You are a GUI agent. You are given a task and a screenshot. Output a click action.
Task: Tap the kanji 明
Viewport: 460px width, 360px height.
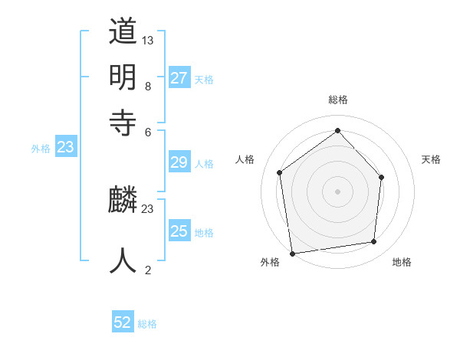[123, 77]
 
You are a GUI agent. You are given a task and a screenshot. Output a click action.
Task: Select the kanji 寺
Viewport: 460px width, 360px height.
[123, 121]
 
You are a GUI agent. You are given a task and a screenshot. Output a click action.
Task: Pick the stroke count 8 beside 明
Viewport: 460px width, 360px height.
[148, 87]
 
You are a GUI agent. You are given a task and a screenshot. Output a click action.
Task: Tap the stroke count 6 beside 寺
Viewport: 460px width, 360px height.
[148, 131]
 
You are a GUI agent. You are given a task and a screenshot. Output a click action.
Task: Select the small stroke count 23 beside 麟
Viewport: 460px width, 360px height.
[148, 208]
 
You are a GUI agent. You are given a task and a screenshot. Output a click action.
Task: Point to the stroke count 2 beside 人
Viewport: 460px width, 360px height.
[148, 270]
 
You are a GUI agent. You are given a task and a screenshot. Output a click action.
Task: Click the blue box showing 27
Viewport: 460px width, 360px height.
[179, 78]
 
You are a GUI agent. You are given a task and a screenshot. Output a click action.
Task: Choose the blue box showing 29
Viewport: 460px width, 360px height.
[179, 162]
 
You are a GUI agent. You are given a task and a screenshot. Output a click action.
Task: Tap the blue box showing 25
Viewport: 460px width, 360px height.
[179, 231]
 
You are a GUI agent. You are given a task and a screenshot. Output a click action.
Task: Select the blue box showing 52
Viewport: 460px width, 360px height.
[123, 322]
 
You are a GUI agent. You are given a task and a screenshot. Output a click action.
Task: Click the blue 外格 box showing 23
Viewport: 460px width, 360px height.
[65, 148]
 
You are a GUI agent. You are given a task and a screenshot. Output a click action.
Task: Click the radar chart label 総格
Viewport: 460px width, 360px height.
[338, 100]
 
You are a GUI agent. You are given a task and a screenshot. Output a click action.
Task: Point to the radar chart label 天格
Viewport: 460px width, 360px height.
[431, 159]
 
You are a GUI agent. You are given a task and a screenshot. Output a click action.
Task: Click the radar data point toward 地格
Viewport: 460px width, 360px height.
[374, 241]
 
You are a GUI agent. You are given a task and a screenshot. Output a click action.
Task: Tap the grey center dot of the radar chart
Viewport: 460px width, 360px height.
[338, 191]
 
